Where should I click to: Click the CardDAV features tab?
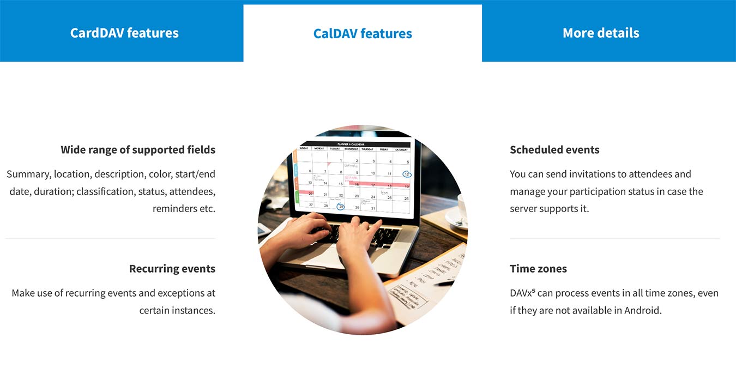pos(124,33)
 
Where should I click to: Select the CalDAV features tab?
pos(363,33)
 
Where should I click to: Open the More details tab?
pos(601,33)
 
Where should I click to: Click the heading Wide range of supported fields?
pos(138,149)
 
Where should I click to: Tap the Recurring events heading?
pos(172,269)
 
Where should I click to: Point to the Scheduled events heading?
pos(554,149)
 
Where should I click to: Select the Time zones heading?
pos(538,269)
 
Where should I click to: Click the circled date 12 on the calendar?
pos(407,174)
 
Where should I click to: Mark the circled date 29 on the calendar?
pos(341,207)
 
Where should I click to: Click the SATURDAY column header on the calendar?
pos(402,149)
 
